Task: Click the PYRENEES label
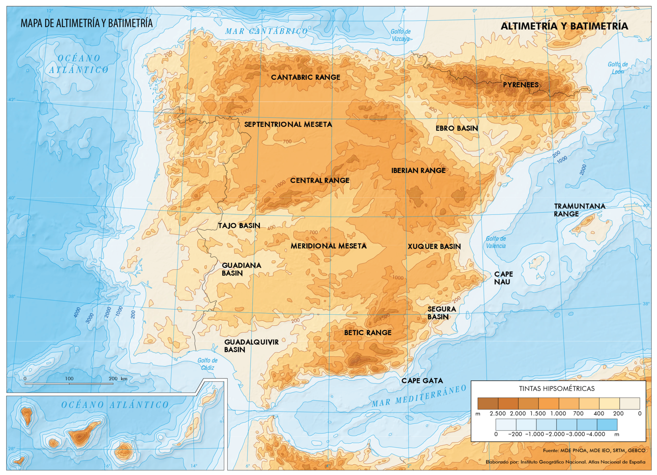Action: pos(520,85)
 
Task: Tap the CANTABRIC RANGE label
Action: pos(305,77)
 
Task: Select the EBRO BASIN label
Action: pos(457,128)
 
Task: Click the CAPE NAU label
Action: pos(503,278)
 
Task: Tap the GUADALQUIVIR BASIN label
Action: pos(251,346)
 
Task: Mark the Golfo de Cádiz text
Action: pos(207,364)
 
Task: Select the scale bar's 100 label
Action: pos(69,379)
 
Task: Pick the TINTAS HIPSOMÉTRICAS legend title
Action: pos(556,389)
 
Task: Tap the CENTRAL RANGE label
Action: pos(320,181)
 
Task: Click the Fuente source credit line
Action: pos(594,451)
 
